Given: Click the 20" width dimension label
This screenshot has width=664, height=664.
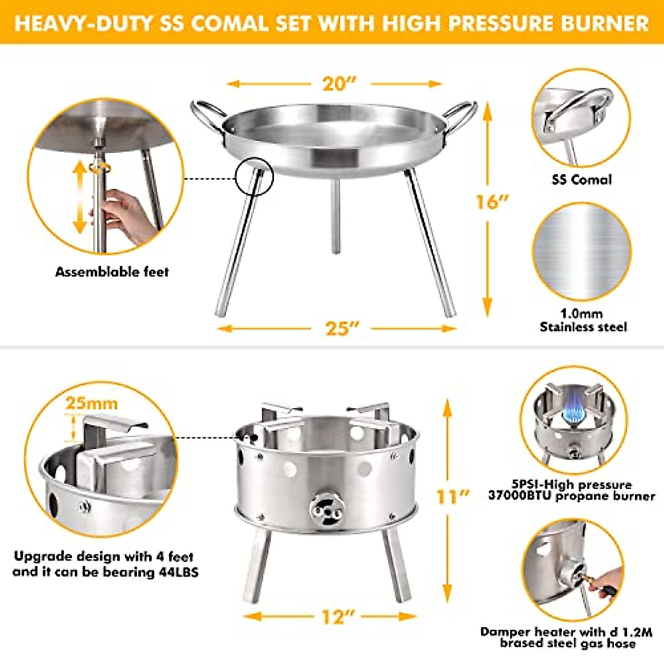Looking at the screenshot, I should point(339,84).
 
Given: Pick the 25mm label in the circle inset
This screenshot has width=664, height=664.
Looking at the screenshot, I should point(92,403).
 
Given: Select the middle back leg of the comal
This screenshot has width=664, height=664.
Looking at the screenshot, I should point(335,216).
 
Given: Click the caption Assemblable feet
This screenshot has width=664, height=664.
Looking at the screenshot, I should point(112,272).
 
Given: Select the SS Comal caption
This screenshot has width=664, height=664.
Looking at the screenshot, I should point(582,179).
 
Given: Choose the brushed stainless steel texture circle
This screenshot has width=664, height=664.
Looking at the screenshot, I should point(582,252).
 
